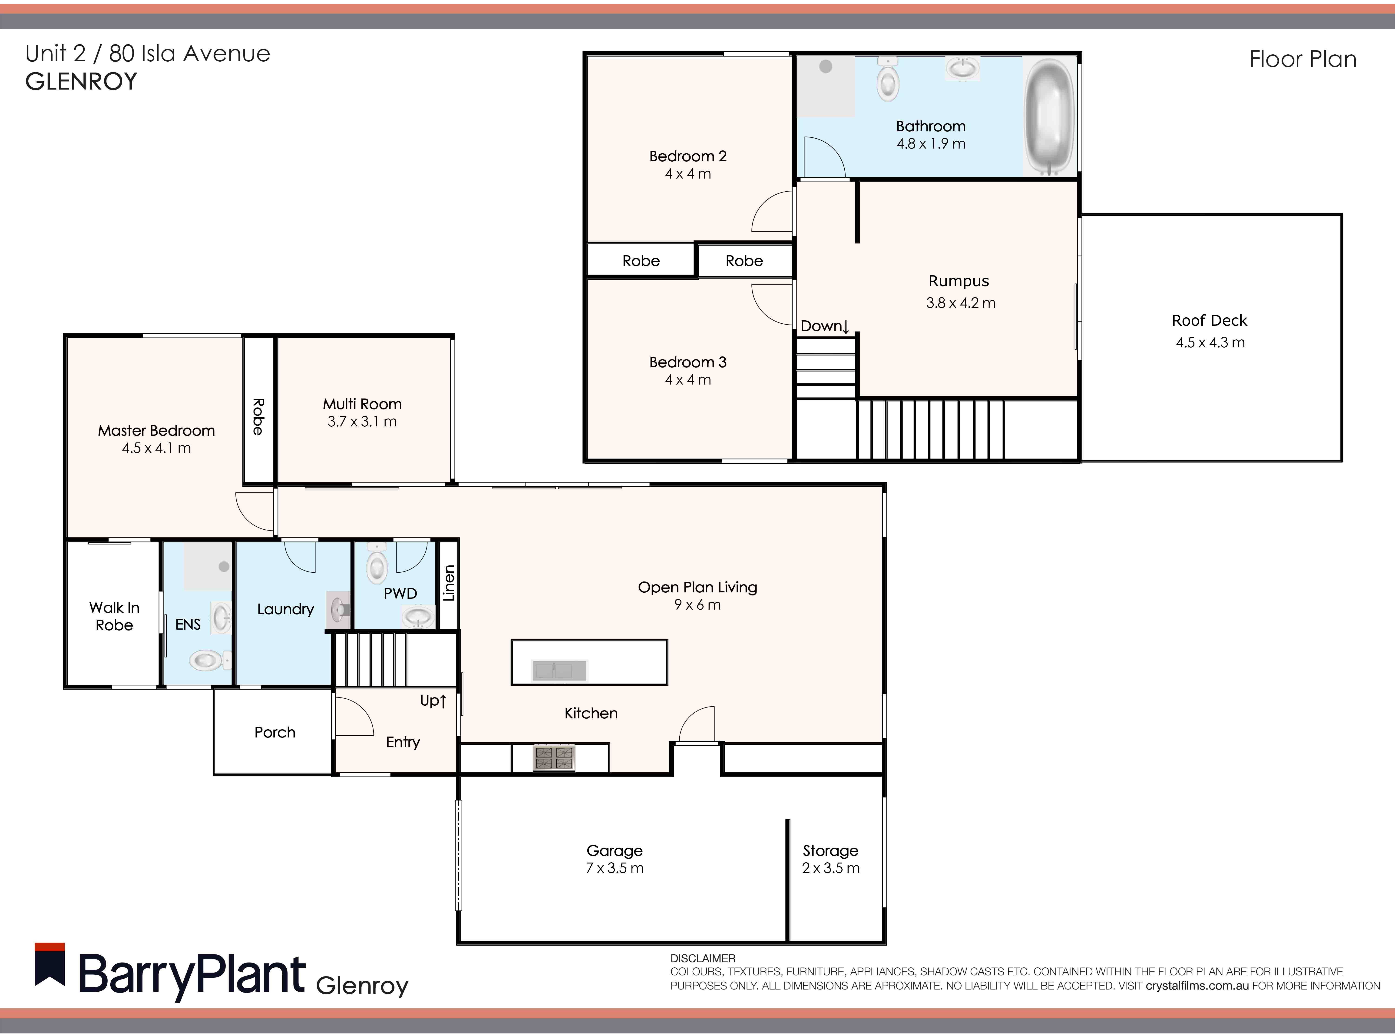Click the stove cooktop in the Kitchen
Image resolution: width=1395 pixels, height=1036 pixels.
(x=554, y=757)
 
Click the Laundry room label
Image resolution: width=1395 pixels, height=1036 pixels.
(x=285, y=609)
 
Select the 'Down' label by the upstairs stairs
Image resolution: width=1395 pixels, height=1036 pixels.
(x=824, y=326)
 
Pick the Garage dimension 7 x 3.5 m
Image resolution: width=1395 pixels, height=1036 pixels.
(x=615, y=868)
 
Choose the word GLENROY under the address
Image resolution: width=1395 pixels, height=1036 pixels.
(x=81, y=82)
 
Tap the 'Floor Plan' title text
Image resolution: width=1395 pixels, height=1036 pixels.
(x=1303, y=59)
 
